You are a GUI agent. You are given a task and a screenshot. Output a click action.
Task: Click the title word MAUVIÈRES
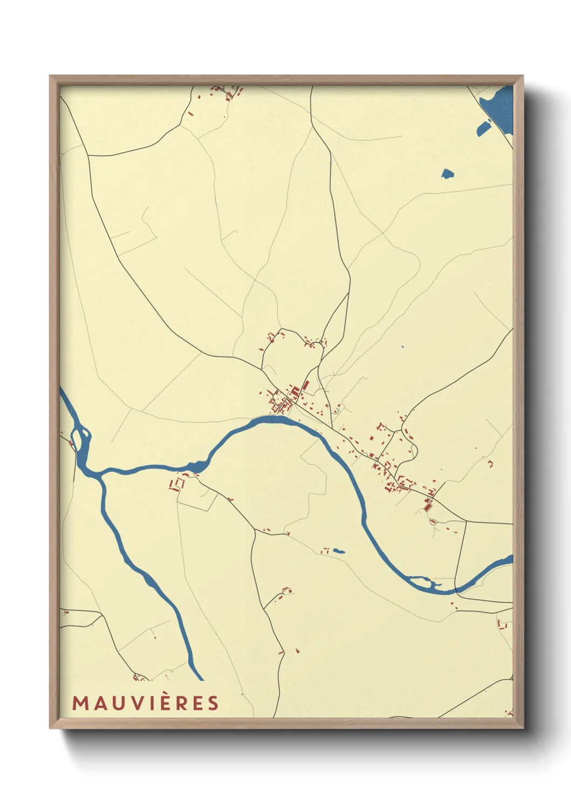point(146,703)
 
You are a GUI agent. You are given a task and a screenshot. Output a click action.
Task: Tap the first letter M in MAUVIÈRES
point(80,703)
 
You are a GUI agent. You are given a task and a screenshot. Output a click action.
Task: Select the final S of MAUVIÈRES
point(213,703)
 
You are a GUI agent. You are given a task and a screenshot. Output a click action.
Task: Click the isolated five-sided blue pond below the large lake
point(447,174)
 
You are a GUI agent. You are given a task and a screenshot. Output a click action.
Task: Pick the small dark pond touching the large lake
point(482,128)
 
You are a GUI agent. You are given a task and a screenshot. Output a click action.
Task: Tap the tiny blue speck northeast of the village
point(403,347)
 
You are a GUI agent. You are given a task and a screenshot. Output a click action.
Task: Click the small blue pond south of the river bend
point(339,551)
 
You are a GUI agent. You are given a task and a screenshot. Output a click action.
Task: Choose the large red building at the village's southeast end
point(429,506)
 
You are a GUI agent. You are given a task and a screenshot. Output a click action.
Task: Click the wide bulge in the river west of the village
point(196,465)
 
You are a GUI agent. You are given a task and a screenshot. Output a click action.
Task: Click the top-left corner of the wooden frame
point(51,77)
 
